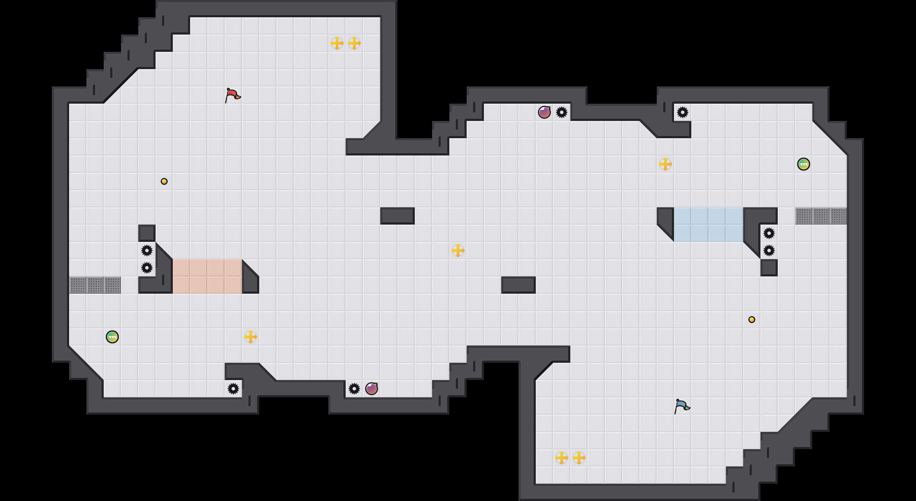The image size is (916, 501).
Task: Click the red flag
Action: (x=232, y=95)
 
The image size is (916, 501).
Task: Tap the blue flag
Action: (x=682, y=406)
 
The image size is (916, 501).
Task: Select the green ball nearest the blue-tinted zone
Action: (x=803, y=164)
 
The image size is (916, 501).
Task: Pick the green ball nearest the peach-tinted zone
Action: (x=112, y=337)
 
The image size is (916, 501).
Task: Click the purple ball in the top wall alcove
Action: (x=544, y=112)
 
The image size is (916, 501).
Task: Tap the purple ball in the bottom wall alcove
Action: (x=372, y=389)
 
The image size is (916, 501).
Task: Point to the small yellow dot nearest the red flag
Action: (x=164, y=181)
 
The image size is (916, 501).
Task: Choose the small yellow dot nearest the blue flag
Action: (x=752, y=320)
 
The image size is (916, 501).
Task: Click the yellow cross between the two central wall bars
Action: (x=458, y=250)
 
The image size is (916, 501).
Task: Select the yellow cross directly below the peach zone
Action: (x=251, y=337)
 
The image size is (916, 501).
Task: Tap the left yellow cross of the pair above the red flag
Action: (x=337, y=43)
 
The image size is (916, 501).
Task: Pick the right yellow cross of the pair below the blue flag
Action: (x=579, y=458)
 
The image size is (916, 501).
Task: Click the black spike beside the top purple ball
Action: (x=562, y=112)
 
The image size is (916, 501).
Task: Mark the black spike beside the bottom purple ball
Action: (x=354, y=389)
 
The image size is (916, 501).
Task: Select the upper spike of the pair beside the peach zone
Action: (x=147, y=250)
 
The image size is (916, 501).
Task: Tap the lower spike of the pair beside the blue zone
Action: (x=769, y=250)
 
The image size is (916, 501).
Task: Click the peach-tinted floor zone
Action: (x=207, y=276)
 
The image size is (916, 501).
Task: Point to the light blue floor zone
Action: (x=709, y=225)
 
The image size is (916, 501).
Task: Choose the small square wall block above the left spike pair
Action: (x=147, y=233)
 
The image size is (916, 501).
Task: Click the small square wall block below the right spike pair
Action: (x=769, y=268)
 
